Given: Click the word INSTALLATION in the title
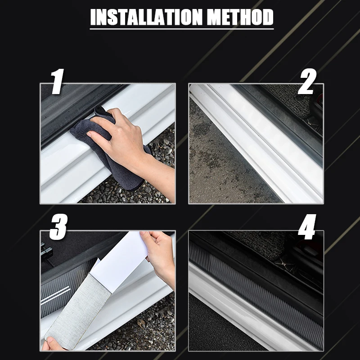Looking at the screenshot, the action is [147, 17].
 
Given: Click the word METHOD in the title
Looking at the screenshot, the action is [240, 17].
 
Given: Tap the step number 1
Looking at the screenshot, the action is [57, 81].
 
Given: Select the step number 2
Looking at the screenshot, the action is [307, 81].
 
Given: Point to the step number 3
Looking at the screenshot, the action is [58, 227].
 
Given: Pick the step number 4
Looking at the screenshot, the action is [307, 227].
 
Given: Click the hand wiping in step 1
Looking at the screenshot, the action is [129, 147].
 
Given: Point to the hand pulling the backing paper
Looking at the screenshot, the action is [159, 257].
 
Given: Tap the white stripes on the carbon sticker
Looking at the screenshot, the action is [55, 295].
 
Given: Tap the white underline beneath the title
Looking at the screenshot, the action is [182, 29].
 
